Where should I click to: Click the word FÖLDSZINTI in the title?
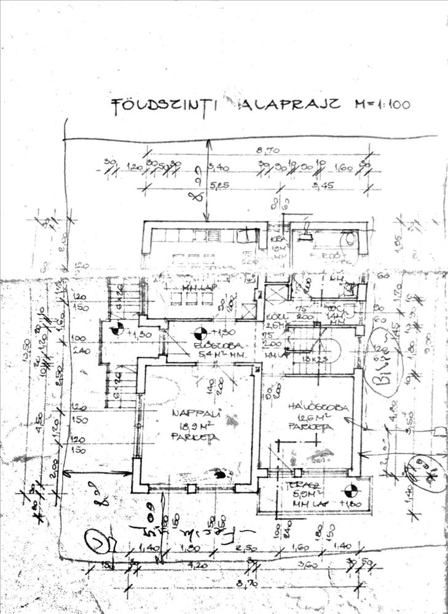(x=163, y=105)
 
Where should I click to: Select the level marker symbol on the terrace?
(x=350, y=491)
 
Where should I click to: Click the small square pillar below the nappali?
(x=191, y=489)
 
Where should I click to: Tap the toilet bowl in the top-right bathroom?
(x=348, y=238)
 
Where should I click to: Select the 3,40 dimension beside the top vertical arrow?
(x=220, y=166)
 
